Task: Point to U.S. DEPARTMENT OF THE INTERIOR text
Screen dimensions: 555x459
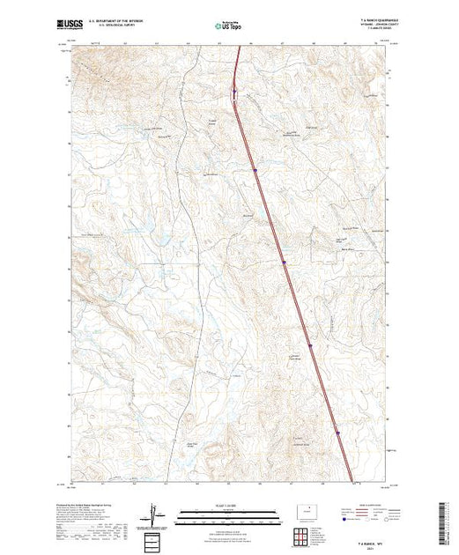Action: click(109, 18)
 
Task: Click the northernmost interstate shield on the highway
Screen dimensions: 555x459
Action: click(233, 91)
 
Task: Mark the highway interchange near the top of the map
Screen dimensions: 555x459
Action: click(235, 95)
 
